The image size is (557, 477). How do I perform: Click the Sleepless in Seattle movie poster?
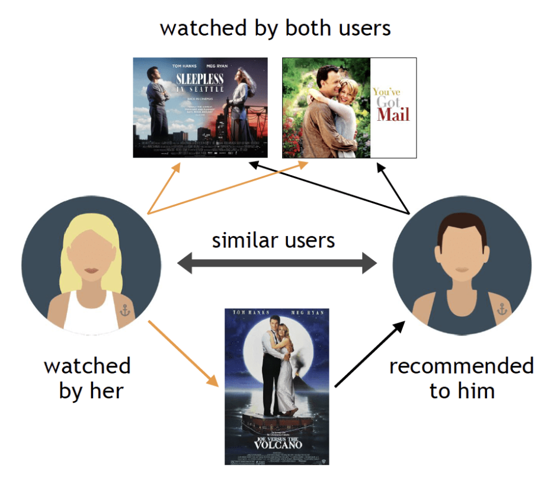[x=200, y=107]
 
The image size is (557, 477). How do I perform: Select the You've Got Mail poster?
[x=349, y=108]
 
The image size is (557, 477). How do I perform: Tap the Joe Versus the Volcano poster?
[x=277, y=386]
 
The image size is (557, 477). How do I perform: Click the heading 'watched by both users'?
[x=276, y=28]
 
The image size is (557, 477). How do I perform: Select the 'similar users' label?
[x=273, y=240]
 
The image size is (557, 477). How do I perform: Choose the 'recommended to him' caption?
[x=461, y=378]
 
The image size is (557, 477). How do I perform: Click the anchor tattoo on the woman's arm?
[x=126, y=309]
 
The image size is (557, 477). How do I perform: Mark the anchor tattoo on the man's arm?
[x=501, y=308]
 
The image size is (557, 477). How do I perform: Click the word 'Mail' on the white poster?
[x=393, y=114]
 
